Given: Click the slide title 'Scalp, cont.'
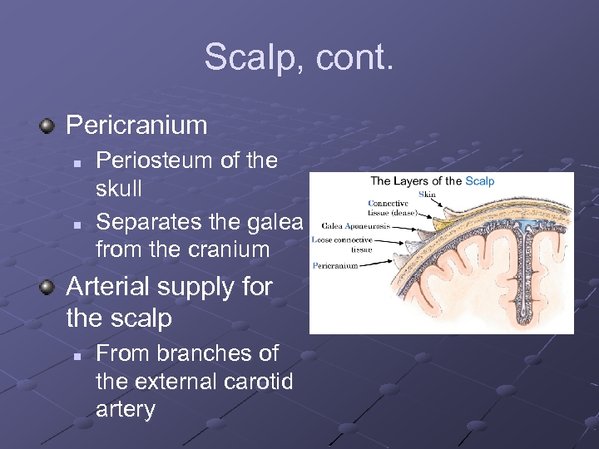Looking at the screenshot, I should pos(299,58).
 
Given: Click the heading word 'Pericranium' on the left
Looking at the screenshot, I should pos(136,126).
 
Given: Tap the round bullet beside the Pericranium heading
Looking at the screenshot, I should pos(47,126).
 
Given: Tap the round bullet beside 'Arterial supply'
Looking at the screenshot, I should pos(47,287).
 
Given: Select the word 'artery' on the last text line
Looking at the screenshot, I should pos(126,409).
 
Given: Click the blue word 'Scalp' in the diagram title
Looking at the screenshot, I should pos(479,181).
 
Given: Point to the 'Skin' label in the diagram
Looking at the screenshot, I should pos(427,195).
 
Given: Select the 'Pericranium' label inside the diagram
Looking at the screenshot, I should pos(335,266).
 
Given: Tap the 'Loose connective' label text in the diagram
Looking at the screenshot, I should pos(342,239).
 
